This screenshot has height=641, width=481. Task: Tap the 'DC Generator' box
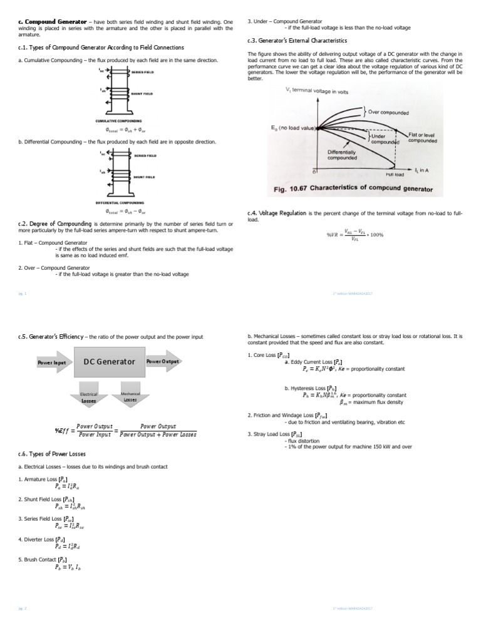click(x=109, y=362)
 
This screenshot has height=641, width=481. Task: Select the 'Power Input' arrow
click(x=53, y=362)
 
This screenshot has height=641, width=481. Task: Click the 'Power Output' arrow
click(x=164, y=362)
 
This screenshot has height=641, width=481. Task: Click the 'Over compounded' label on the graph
click(x=388, y=113)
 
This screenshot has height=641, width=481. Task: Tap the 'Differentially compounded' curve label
click(x=342, y=155)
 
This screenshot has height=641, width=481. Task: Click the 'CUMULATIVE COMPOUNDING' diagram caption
click(x=118, y=120)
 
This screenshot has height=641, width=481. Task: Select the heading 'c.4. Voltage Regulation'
click(x=277, y=213)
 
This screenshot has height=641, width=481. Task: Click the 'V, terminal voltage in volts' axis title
click(x=317, y=91)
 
